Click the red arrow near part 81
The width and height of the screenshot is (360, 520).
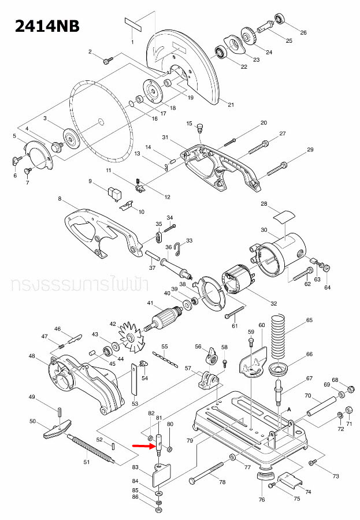pyautogui.click(x=141, y=446)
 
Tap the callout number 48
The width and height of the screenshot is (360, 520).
pyautogui.click(x=32, y=356)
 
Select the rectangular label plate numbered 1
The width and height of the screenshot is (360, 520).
pyautogui.click(x=132, y=26)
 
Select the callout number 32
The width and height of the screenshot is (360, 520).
pyautogui.click(x=273, y=303)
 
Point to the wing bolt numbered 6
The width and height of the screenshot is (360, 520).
pyautogui.click(x=15, y=160)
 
